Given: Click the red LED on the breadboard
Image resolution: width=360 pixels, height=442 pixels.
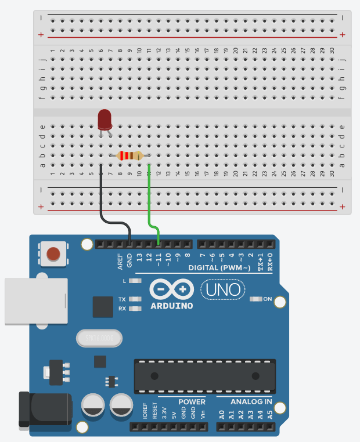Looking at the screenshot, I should pos(105,119).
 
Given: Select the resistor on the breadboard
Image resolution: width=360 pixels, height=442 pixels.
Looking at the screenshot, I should pos(129,155).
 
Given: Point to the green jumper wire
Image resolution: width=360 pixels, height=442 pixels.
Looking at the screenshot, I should pos(150,197).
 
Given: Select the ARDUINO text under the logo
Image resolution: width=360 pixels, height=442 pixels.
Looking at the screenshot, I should pos(171,305).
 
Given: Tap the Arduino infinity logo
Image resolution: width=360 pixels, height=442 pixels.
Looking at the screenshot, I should pos(171,289).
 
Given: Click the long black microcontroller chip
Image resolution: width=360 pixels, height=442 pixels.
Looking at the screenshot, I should pos(205,375).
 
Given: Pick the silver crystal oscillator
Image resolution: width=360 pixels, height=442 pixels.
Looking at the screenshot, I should pos(99,337).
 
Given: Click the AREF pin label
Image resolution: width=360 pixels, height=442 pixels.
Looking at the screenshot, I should pos(120,260).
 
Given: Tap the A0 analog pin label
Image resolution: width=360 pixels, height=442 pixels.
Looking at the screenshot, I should pos(222,414).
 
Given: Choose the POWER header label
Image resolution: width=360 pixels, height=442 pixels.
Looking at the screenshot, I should pos(192,401).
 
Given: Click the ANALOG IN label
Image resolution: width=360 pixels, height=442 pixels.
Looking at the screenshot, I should pos(251,401).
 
